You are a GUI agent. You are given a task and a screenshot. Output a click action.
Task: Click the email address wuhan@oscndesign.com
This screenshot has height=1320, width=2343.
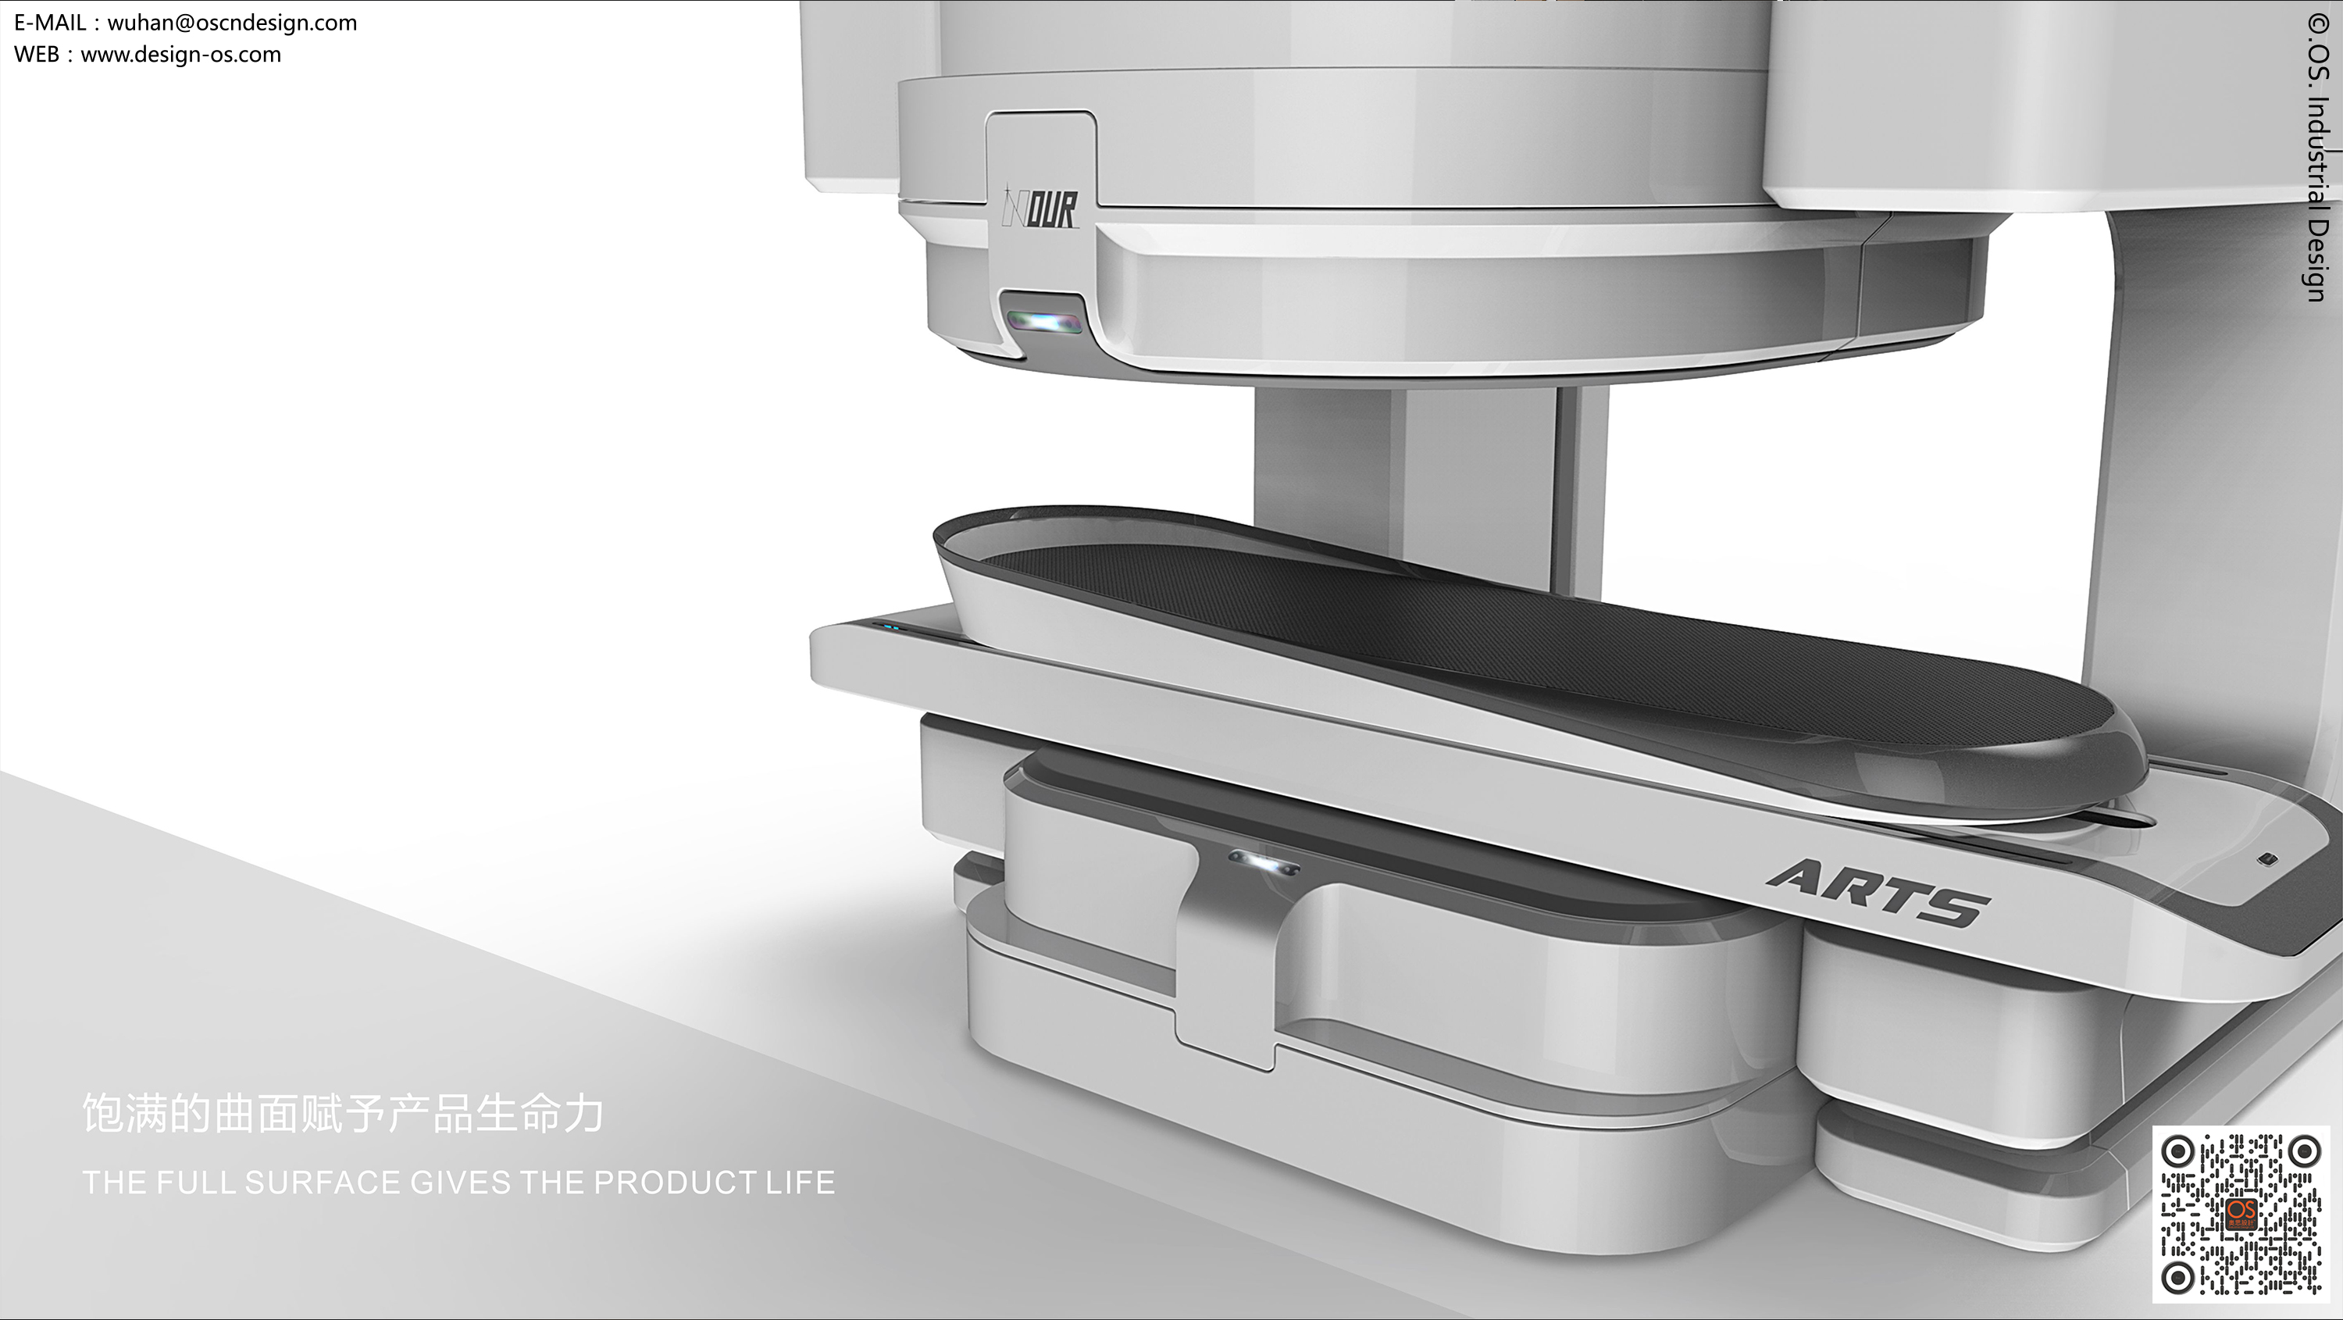pos(232,23)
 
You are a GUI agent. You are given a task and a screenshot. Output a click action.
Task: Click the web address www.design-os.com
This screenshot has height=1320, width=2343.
pos(181,55)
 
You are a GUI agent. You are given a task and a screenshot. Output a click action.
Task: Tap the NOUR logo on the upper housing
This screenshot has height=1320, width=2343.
pos(1040,210)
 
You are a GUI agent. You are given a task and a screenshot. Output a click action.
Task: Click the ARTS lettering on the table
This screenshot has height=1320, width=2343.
pos(1879,894)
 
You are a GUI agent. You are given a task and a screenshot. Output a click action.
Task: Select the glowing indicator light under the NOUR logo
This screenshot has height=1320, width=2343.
pos(1044,321)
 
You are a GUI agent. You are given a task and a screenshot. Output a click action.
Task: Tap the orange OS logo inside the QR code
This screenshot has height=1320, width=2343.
pos(2240,1213)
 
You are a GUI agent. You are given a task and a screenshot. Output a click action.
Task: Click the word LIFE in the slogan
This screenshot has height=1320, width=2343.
pos(800,1183)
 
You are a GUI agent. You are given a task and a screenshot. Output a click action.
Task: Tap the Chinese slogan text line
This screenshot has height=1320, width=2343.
pos(343,1112)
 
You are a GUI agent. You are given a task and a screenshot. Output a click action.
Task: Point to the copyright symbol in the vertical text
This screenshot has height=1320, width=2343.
pos(2319,23)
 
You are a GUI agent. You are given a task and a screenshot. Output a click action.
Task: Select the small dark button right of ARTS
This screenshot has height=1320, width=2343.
pos(2269,858)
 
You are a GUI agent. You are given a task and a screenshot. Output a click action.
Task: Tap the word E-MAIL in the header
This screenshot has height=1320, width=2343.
pos(49,23)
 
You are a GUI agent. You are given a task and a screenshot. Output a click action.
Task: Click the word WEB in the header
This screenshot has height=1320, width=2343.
pos(37,55)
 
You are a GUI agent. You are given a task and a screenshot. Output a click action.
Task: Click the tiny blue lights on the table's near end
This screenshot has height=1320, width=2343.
pos(886,626)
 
